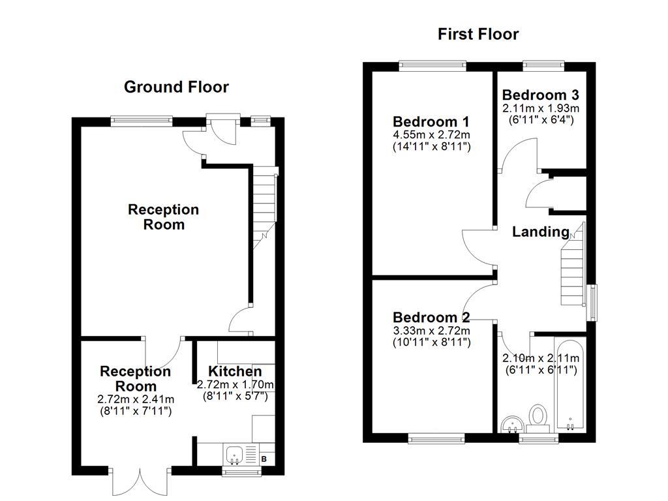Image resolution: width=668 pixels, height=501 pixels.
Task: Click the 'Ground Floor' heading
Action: (x=176, y=87)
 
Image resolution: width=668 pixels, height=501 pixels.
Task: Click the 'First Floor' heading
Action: (x=478, y=34)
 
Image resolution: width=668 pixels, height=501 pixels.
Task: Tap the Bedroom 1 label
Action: (x=431, y=122)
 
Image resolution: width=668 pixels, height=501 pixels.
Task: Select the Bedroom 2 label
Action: (x=431, y=318)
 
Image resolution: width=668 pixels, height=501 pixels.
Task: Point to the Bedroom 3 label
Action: (x=540, y=95)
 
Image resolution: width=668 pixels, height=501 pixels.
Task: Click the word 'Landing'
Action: (x=540, y=232)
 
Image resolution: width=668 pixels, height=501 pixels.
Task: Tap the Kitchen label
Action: (x=235, y=372)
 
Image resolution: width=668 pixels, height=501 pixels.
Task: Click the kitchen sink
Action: (x=234, y=453)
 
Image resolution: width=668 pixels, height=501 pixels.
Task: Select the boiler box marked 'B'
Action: (x=264, y=459)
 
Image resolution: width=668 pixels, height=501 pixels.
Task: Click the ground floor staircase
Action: (x=264, y=202)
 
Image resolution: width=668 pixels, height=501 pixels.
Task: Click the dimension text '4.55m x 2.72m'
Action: (x=431, y=135)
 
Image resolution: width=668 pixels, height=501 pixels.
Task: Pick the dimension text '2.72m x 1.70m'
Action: (x=235, y=384)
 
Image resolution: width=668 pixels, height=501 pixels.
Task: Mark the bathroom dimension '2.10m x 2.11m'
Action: (x=540, y=358)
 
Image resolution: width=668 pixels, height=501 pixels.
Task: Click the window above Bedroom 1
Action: (x=432, y=65)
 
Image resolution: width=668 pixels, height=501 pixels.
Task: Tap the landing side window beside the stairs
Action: (x=592, y=302)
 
